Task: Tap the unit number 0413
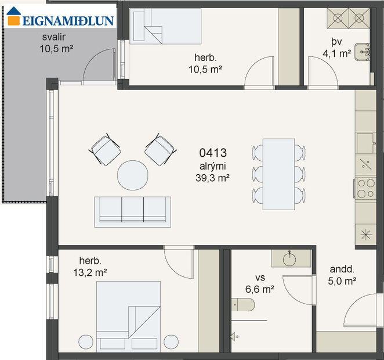pos(212,154)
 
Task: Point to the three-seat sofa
pos(133,210)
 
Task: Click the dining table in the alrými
pos(278,174)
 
